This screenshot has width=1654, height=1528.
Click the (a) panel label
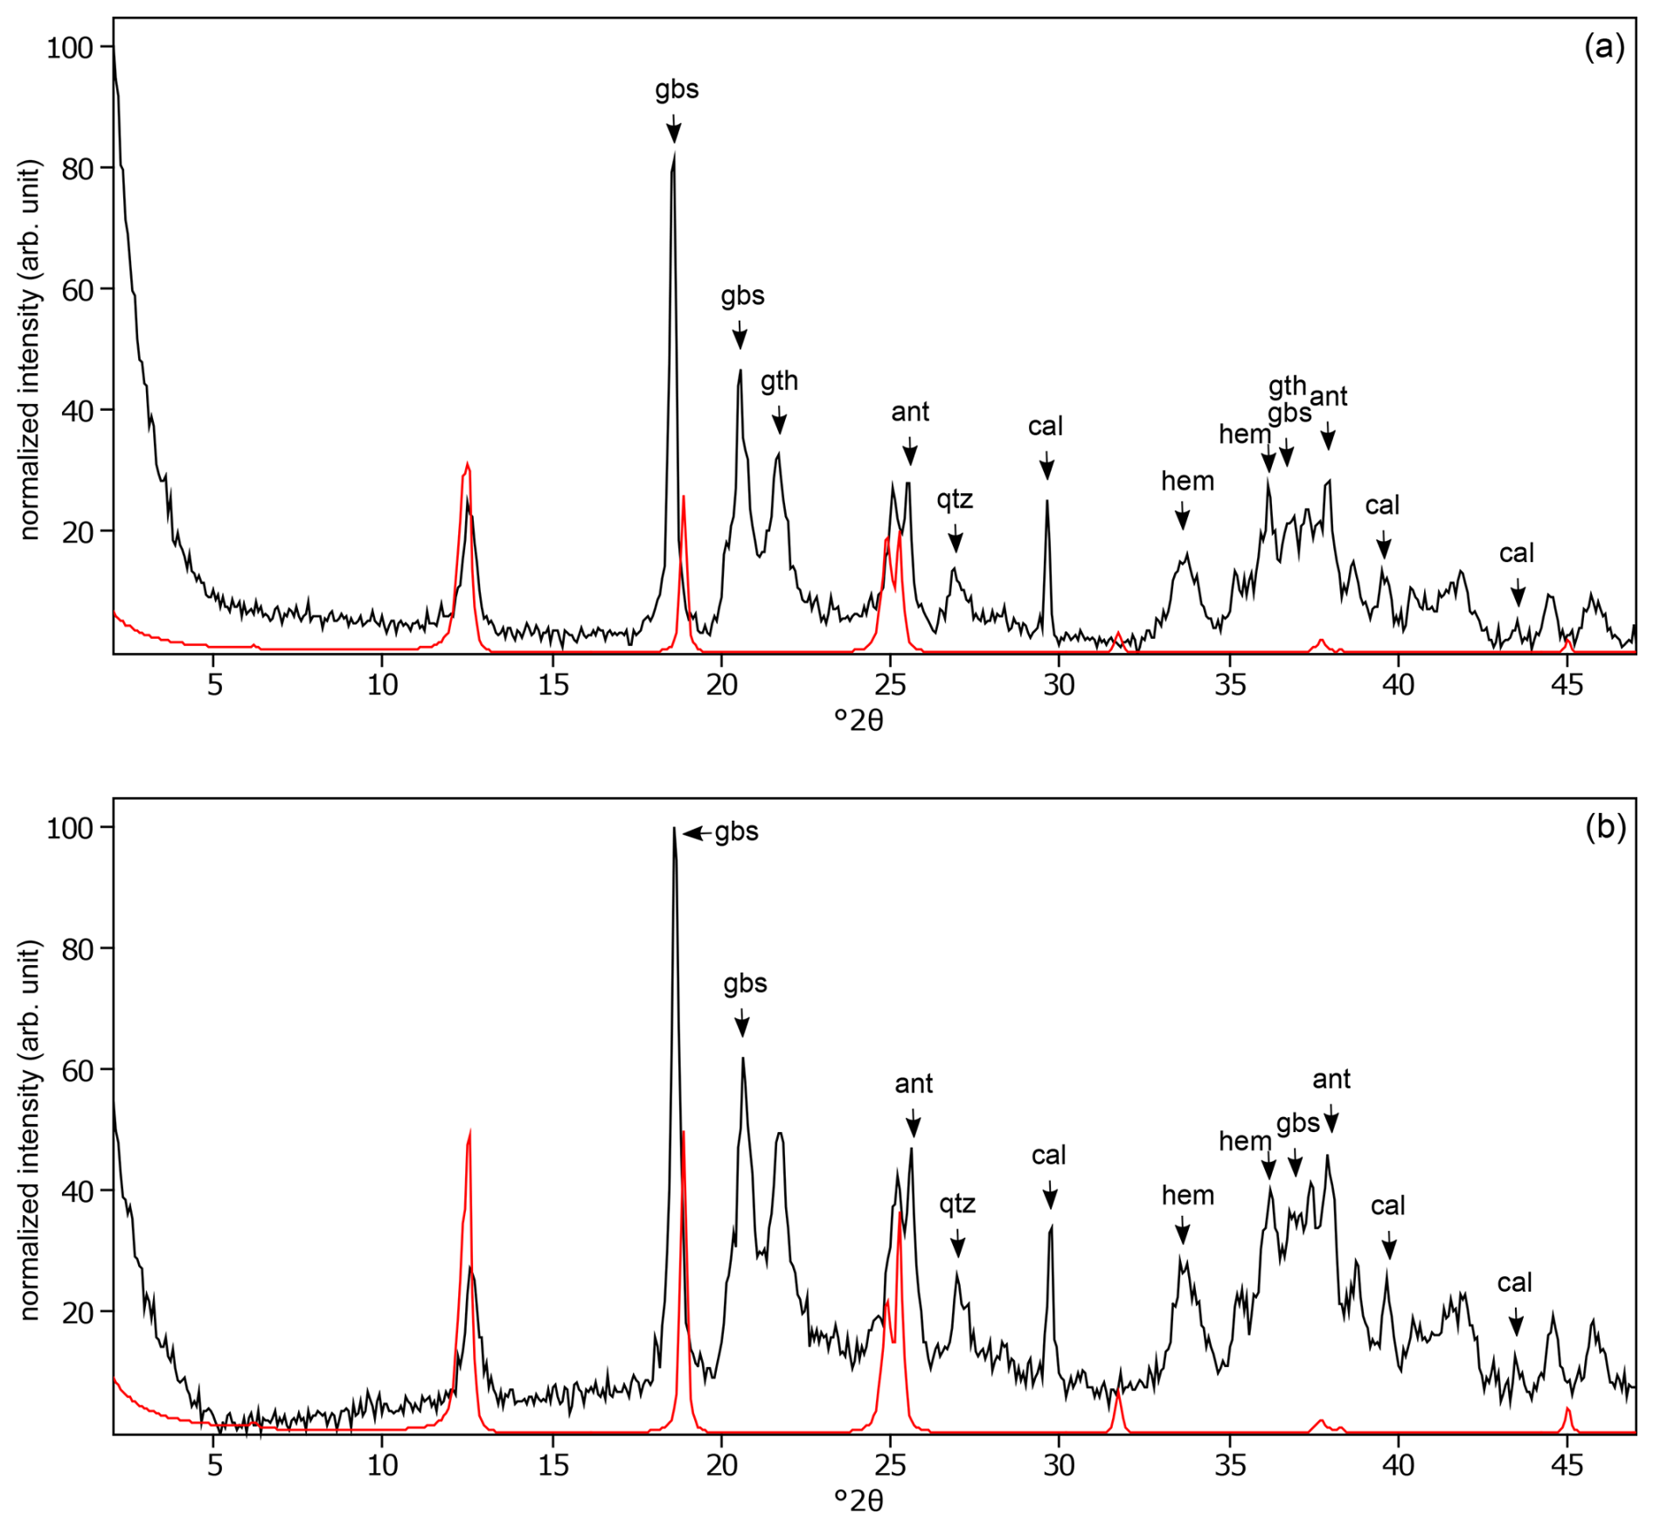tap(1604, 47)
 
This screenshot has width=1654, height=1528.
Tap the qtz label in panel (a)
tap(955, 500)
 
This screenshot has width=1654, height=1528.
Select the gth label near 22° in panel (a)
tap(779, 381)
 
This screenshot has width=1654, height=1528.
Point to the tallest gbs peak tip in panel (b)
tap(674, 829)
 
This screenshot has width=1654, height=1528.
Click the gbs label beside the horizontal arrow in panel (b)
tap(736, 832)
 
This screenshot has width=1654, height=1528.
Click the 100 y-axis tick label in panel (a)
tap(69, 47)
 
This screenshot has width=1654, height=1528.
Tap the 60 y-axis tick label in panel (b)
tap(77, 1070)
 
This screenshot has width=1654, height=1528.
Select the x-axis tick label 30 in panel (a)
tap(1059, 685)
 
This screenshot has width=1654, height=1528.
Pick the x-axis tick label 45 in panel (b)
tap(1567, 1465)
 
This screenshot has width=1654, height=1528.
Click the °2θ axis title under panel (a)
tap(858, 720)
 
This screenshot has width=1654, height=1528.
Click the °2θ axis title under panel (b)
tap(858, 1501)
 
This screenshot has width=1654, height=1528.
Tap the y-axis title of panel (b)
tap(31, 1129)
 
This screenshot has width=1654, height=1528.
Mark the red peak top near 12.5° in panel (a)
tap(468, 464)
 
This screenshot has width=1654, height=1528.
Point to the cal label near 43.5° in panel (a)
tap(1517, 553)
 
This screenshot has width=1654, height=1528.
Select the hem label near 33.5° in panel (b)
tap(1187, 1195)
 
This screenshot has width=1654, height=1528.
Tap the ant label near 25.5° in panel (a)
tap(910, 412)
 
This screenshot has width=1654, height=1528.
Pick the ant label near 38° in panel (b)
tap(1331, 1080)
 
